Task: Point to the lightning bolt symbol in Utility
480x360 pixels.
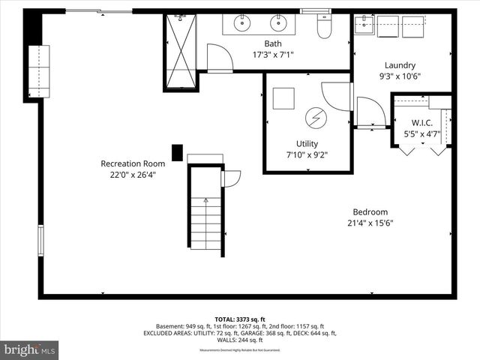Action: click(314, 118)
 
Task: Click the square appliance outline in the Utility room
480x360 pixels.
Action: click(283, 99)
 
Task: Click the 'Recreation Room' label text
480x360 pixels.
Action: click(133, 163)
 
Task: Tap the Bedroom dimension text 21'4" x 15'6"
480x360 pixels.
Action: click(370, 223)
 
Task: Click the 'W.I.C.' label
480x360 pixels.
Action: click(420, 123)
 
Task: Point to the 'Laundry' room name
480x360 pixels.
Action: click(400, 65)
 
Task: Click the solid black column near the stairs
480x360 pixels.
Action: click(178, 152)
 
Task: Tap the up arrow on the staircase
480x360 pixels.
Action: click(205, 201)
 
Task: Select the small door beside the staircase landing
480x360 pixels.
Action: click(231, 178)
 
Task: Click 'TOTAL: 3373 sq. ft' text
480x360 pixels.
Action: click(240, 318)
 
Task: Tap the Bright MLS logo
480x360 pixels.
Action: click(30, 349)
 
